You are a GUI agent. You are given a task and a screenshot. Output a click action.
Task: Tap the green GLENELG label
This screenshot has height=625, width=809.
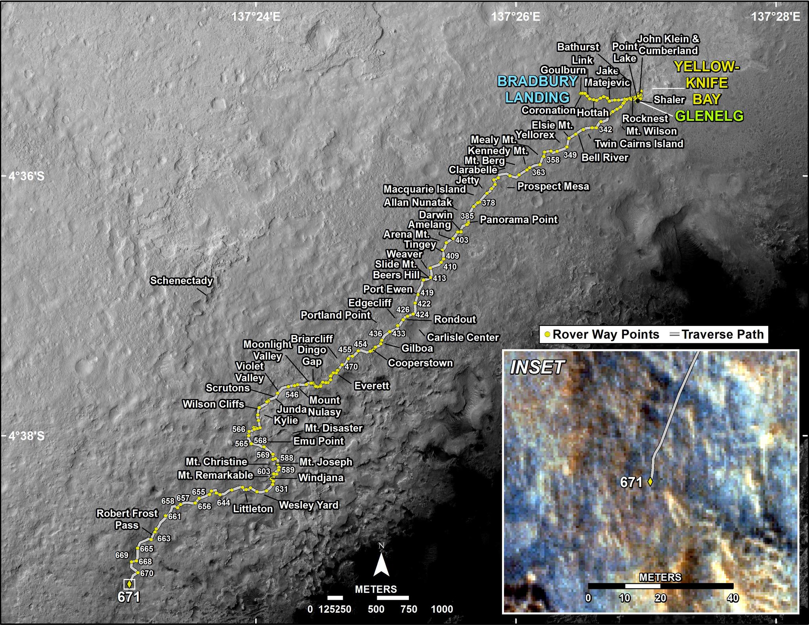pyautogui.click(x=709, y=116)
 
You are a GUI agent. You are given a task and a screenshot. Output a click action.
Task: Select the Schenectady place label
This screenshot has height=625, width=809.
pyautogui.click(x=181, y=281)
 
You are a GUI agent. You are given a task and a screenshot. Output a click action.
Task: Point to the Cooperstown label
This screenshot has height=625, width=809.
pyautogui.click(x=420, y=363)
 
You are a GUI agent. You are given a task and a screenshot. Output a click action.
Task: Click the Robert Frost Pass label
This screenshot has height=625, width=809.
pyautogui.click(x=127, y=519)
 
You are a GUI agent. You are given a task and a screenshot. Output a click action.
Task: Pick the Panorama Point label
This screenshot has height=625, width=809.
pyautogui.click(x=518, y=220)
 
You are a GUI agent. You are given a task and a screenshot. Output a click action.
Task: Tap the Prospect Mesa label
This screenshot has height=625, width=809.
pyautogui.click(x=553, y=187)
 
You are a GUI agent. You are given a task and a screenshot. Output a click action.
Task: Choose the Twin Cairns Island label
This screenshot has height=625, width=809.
pyautogui.click(x=639, y=144)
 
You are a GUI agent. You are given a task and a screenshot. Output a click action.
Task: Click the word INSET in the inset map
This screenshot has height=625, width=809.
pyautogui.click(x=537, y=368)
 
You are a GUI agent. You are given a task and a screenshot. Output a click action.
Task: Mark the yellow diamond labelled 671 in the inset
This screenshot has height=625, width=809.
pyautogui.click(x=650, y=482)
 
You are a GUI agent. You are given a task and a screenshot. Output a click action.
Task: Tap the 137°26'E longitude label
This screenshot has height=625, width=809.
pyautogui.click(x=516, y=17)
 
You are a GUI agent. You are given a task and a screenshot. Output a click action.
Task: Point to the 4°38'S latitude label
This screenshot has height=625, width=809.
pyautogui.click(x=27, y=436)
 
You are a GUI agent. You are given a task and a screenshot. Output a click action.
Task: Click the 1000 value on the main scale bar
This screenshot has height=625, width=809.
pyautogui.click(x=442, y=609)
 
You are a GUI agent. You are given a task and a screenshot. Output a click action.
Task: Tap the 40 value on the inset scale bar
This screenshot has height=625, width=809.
pyautogui.click(x=733, y=598)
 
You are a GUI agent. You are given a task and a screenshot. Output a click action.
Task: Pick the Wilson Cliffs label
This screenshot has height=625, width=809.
pyautogui.click(x=213, y=404)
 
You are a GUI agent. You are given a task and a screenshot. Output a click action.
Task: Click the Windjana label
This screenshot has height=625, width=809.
pyautogui.click(x=321, y=478)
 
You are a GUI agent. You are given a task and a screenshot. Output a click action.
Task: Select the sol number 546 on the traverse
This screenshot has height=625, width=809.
pyautogui.click(x=292, y=394)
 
